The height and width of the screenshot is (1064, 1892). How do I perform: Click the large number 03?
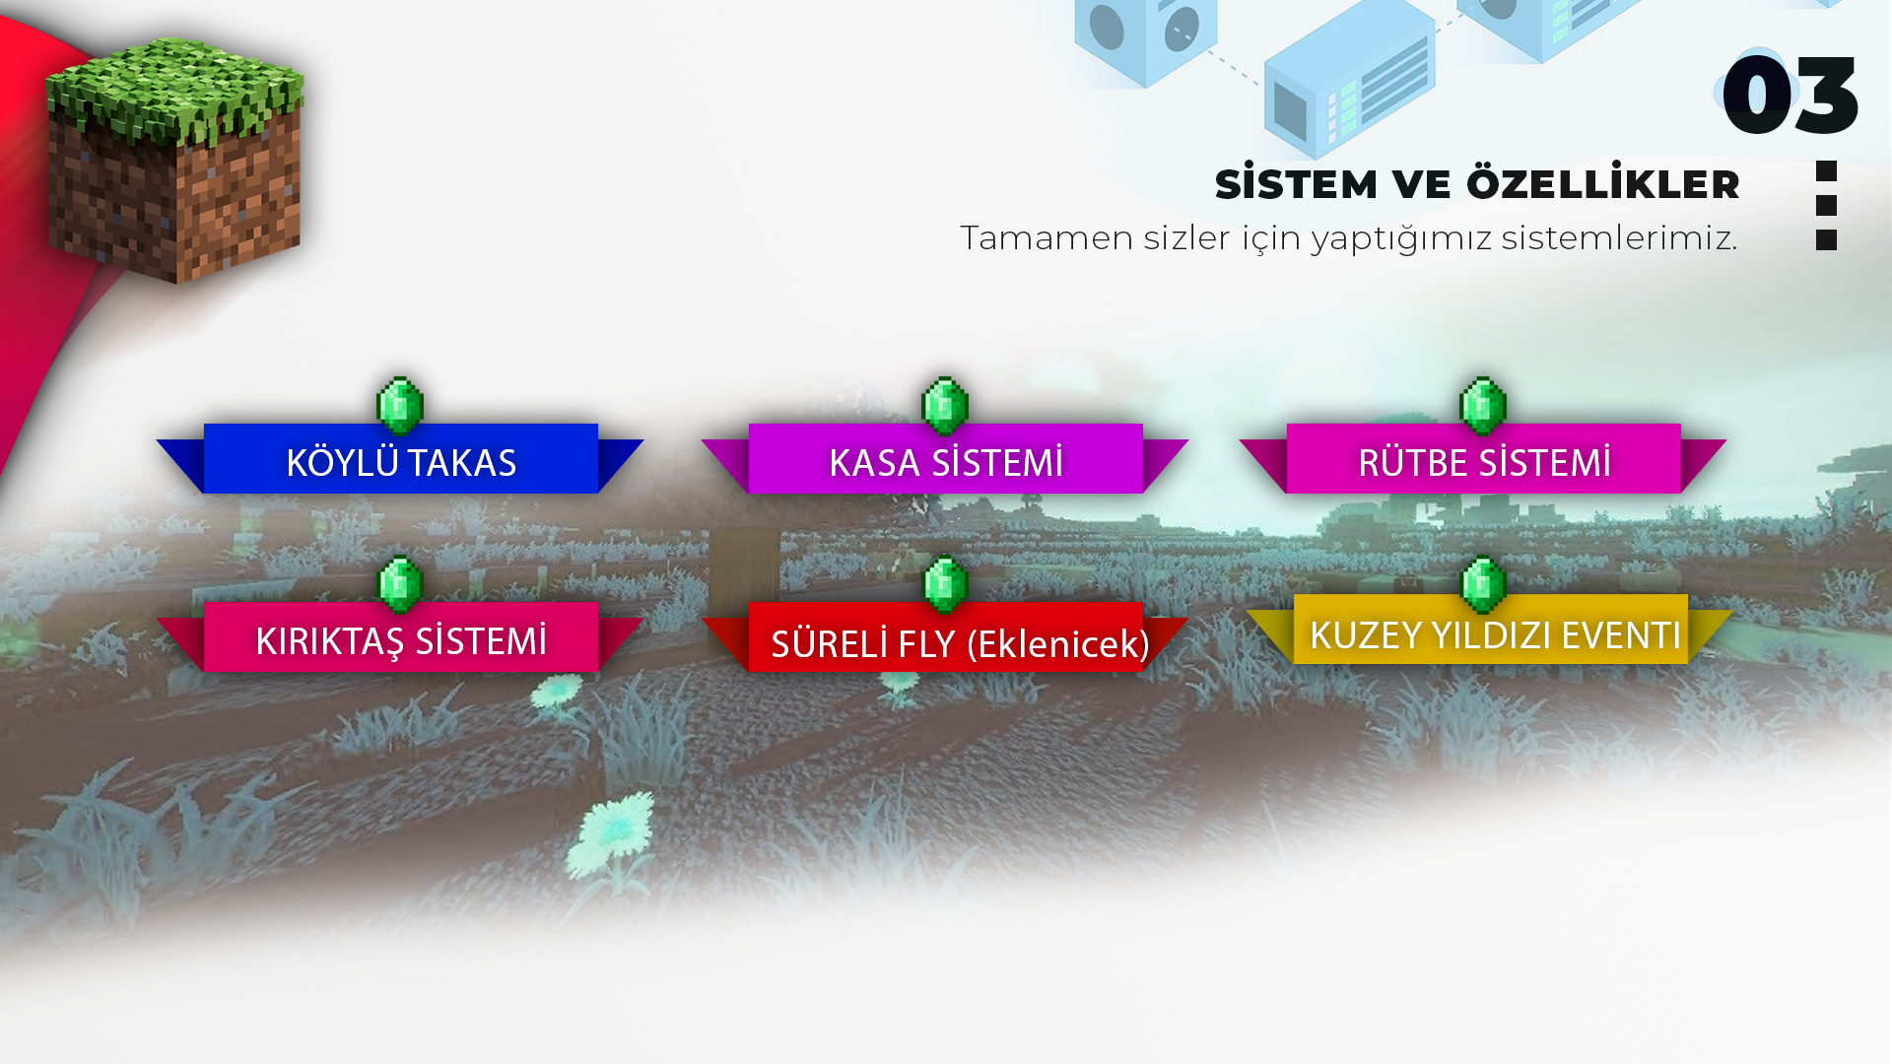click(1790, 95)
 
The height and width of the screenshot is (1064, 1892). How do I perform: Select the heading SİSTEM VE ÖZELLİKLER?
click(1476, 184)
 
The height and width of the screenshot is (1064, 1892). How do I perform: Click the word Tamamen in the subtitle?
click(1046, 238)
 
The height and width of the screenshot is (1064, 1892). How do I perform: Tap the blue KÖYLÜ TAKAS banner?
click(400, 460)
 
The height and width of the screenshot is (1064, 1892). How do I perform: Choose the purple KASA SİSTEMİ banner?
click(945, 460)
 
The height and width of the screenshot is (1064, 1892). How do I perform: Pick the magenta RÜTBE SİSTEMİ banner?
click(1483, 460)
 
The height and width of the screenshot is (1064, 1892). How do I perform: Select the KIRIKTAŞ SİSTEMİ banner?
click(400, 638)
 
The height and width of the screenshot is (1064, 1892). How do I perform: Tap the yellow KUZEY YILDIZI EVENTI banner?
click(1490, 632)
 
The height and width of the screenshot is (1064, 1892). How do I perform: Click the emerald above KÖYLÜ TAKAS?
click(400, 405)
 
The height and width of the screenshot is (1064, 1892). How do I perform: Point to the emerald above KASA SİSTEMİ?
click(945, 405)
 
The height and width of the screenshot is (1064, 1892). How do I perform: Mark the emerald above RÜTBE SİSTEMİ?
click(1483, 405)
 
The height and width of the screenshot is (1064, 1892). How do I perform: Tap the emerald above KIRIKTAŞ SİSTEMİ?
click(400, 583)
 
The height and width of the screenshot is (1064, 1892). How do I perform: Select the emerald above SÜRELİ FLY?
click(945, 583)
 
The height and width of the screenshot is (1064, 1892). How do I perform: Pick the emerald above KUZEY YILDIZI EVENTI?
click(1483, 583)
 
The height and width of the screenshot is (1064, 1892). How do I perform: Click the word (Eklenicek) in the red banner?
click(1057, 644)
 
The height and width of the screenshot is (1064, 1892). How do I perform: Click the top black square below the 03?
click(1826, 171)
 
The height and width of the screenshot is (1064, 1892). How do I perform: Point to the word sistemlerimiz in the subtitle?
click(1618, 238)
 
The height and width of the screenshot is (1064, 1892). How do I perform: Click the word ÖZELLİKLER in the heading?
click(1602, 184)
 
